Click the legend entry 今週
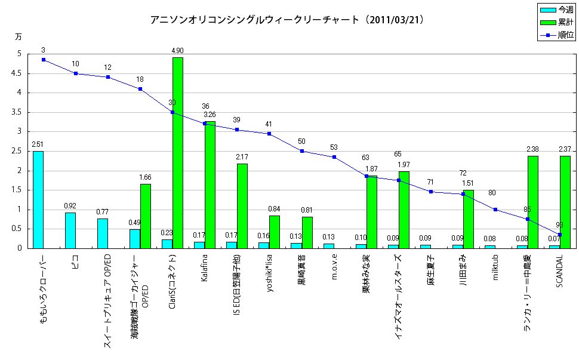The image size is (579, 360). [558, 10]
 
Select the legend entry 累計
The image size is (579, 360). [558, 23]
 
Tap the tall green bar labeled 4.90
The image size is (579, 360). [178, 153]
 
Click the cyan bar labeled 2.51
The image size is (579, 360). [38, 199]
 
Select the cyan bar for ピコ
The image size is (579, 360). [70, 230]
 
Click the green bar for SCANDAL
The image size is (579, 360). [565, 202]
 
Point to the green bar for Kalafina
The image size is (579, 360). [210, 185]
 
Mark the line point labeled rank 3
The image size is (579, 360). [44, 60]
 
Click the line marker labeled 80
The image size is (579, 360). [495, 210]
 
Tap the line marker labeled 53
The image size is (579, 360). [334, 157]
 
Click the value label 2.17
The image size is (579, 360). [242, 157]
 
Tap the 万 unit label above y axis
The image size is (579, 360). [18, 37]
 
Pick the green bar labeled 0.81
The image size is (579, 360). [307, 232]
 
